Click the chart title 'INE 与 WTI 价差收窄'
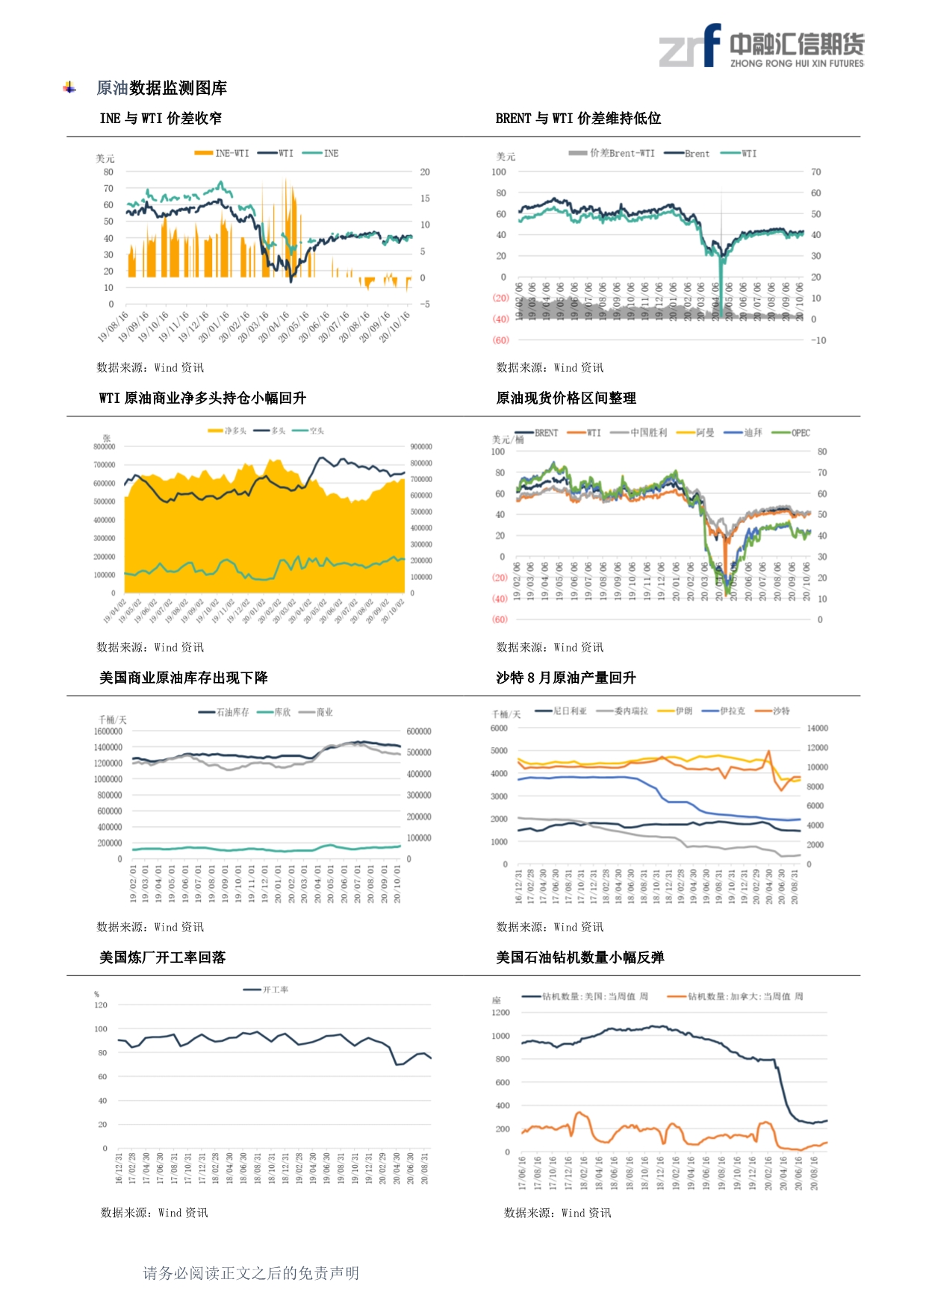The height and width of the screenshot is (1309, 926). point(161,118)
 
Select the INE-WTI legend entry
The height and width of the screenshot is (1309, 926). point(223,153)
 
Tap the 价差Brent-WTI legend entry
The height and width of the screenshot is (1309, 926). point(612,153)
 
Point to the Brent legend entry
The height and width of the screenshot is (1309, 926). point(687,154)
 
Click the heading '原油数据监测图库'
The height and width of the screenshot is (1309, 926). point(161,88)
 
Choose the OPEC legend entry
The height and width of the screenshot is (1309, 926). point(792,433)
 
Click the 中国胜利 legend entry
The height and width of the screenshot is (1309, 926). point(639,433)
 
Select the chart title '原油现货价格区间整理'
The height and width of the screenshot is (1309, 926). point(565,398)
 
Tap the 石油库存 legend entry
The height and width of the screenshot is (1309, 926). point(225,712)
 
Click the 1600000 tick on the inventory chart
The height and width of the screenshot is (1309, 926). point(108,731)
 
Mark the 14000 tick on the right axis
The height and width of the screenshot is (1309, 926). point(818,728)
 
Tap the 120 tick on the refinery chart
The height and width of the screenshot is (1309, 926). point(101,1005)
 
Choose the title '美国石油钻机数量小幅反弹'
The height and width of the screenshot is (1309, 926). point(579,957)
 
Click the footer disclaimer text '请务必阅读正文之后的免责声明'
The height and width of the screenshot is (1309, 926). point(251,1273)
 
